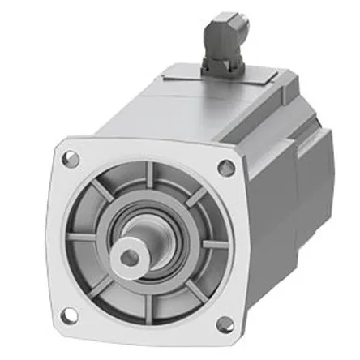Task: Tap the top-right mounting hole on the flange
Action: tap(225, 167)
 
